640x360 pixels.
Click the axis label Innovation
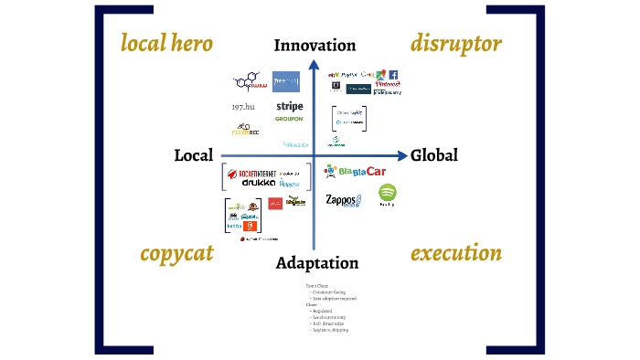point(315,45)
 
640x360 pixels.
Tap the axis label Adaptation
point(316,263)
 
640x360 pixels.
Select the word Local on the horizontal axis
point(194,155)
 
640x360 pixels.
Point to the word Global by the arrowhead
point(434,155)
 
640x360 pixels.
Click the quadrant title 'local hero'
point(166,43)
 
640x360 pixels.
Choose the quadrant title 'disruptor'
point(456,43)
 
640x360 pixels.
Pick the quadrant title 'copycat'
point(177,253)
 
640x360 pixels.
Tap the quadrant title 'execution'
point(456,253)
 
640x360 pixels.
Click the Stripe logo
point(289,106)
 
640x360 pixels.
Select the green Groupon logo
point(289,119)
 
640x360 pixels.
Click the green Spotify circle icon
point(387,193)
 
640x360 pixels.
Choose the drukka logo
point(259,183)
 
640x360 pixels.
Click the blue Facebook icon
point(392,75)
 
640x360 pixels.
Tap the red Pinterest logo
point(388,83)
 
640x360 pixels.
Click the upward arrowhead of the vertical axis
point(314,64)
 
